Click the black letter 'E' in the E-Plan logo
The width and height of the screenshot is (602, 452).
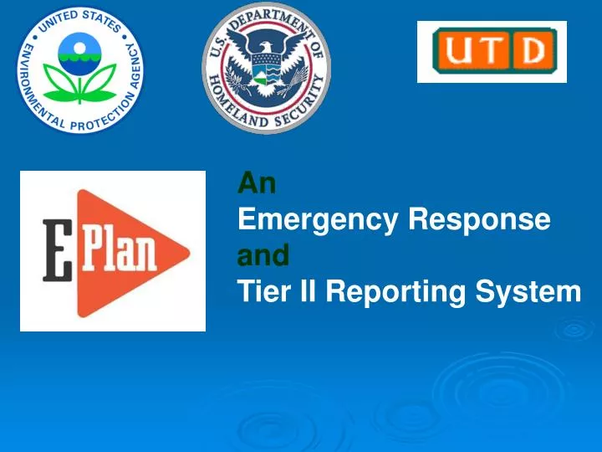point(56,250)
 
